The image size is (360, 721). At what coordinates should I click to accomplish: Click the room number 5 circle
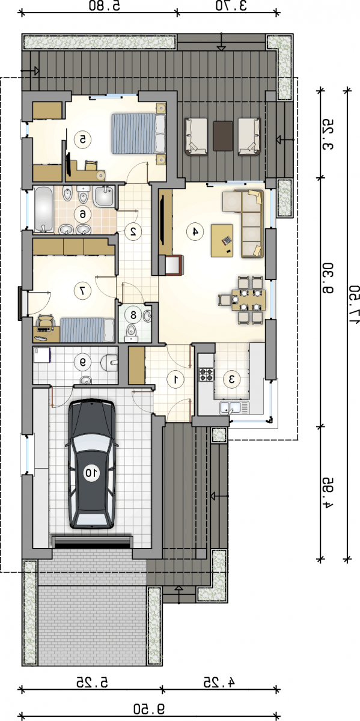tap(83, 139)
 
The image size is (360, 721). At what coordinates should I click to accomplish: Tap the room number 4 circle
tap(195, 231)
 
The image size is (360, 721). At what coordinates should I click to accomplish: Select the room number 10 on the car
tap(92, 473)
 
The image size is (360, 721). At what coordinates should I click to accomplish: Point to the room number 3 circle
tap(232, 379)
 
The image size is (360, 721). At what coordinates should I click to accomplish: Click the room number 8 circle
tap(133, 315)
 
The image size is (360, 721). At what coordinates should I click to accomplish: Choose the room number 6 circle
tap(83, 214)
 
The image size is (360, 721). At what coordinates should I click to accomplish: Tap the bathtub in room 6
tap(43, 209)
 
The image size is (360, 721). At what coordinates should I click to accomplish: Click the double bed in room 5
tap(139, 133)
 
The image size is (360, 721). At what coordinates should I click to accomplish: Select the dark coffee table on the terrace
tap(223, 136)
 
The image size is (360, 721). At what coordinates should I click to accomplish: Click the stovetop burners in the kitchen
tap(206, 374)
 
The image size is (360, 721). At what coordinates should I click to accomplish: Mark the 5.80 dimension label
tap(105, 6)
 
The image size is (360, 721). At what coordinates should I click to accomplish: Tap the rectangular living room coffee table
tap(222, 240)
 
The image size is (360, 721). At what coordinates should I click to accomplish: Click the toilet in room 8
tap(131, 332)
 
